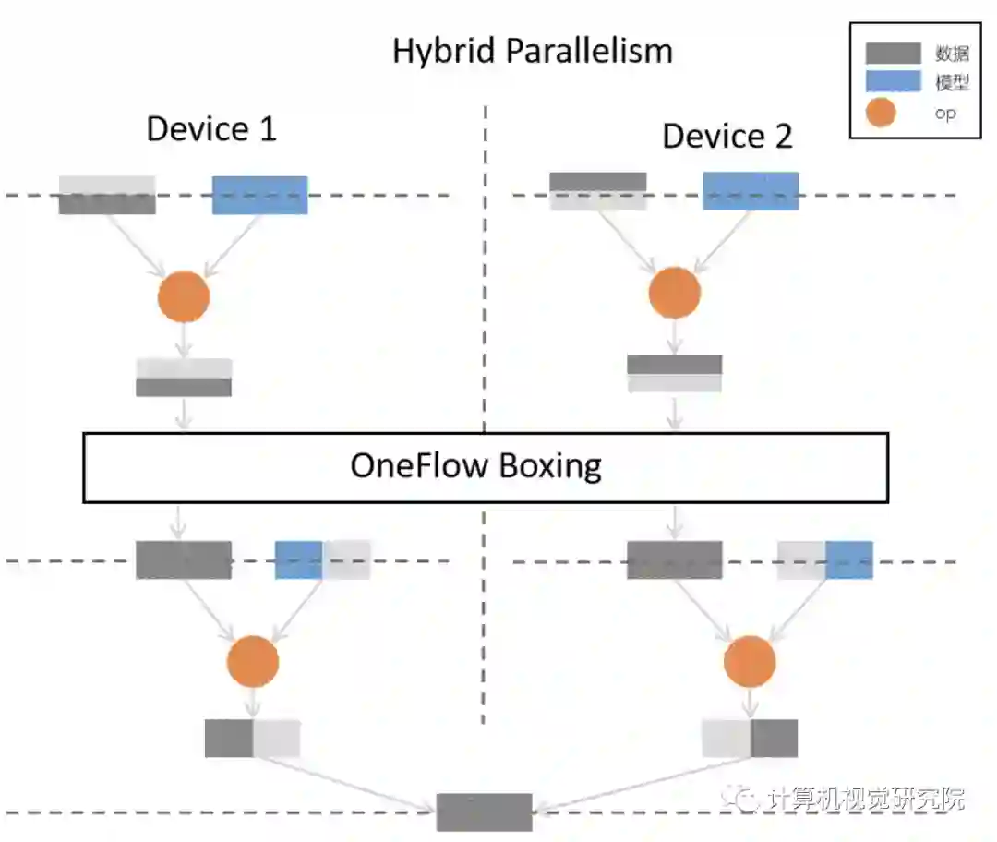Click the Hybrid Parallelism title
pos(533,50)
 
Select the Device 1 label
pos(211,129)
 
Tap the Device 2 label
pos(727,137)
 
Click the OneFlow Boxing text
pos(475,465)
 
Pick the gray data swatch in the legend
pos(893,53)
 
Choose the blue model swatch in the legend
pos(893,81)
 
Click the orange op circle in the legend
pos(883,113)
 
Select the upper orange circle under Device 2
pos(675,293)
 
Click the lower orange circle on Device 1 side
pos(252,661)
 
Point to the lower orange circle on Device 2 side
pos(749,661)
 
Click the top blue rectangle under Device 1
pos(259,195)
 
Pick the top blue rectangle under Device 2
pos(751,191)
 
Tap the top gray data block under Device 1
pos(107,195)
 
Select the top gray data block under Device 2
pos(597,191)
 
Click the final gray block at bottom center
pos(484,812)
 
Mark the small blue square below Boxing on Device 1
pos(298,560)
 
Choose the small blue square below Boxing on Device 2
pos(848,560)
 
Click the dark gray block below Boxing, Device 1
pos(184,560)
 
